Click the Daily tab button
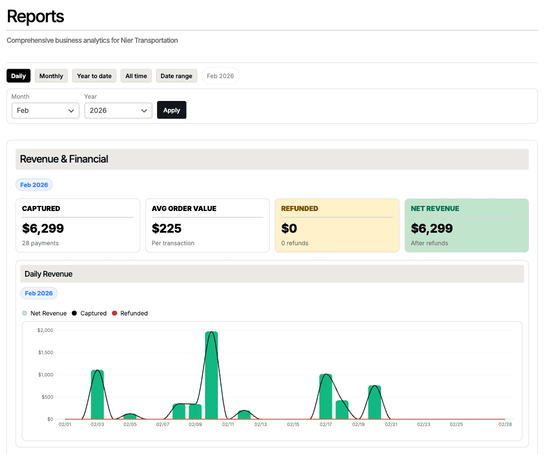pos(18,76)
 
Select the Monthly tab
pos(51,76)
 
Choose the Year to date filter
pos(94,76)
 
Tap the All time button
pos(136,76)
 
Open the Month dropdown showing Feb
pos(46,110)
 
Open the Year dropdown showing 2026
pos(118,110)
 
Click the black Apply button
pos(171,110)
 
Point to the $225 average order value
pos(167,229)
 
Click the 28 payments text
pos(41,243)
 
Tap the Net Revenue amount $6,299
pos(432,229)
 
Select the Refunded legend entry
pos(130,313)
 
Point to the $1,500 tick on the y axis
pos(45,352)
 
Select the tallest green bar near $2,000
pos(211,376)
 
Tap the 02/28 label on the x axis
pos(504,424)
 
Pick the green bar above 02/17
pos(326,397)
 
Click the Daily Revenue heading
pos(49,274)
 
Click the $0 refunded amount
pos(289,229)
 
